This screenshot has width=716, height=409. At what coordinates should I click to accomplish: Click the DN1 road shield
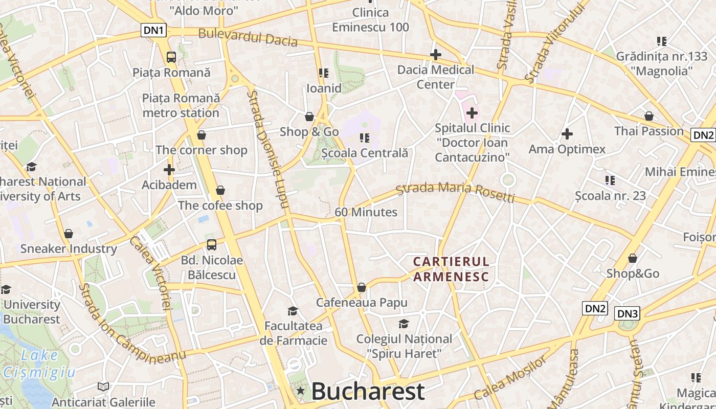click(x=154, y=31)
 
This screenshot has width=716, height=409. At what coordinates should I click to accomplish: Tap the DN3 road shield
click(x=628, y=313)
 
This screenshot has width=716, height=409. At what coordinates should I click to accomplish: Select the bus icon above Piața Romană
click(x=171, y=57)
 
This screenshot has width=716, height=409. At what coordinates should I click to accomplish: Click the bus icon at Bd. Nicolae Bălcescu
click(x=212, y=245)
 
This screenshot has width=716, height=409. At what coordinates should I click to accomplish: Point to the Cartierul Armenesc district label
click(x=451, y=269)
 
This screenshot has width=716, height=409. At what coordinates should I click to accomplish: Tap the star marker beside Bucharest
click(x=301, y=392)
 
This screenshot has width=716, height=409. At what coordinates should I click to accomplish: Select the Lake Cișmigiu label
click(x=39, y=363)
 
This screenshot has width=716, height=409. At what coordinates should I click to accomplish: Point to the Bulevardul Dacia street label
click(x=248, y=37)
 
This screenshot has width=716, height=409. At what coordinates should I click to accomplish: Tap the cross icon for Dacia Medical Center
click(x=436, y=55)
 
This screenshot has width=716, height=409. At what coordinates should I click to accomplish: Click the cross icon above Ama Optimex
click(x=567, y=134)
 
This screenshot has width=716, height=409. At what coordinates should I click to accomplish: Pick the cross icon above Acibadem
click(x=169, y=170)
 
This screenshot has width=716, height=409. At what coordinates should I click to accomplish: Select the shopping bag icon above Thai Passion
click(x=648, y=116)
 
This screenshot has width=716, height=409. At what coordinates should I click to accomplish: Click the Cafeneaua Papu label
click(x=362, y=302)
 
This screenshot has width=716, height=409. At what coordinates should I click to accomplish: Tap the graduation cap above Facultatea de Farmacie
click(x=293, y=311)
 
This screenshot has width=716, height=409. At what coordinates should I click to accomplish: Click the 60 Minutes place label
click(x=366, y=212)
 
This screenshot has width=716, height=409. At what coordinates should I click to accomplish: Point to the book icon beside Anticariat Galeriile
click(x=103, y=387)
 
